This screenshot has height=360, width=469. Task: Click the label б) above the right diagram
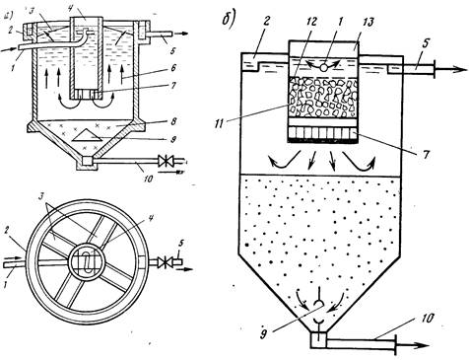tap(229, 20)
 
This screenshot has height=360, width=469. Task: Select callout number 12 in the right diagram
tap(311, 22)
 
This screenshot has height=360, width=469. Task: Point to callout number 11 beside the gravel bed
tap(218, 123)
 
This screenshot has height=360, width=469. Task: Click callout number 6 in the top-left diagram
tap(173, 68)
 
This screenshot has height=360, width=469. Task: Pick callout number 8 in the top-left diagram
tap(173, 121)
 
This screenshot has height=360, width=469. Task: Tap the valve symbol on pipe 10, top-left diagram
tap(164, 162)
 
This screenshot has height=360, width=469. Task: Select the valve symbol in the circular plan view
tap(163, 262)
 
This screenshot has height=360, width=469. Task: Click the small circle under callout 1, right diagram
tap(324, 67)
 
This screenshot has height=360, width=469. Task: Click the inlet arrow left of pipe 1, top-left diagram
tap(9, 49)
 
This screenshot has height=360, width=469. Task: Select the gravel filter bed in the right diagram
tap(322, 98)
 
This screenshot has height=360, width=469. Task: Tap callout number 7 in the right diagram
tap(427, 154)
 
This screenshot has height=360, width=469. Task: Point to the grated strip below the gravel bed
tap(322, 134)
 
